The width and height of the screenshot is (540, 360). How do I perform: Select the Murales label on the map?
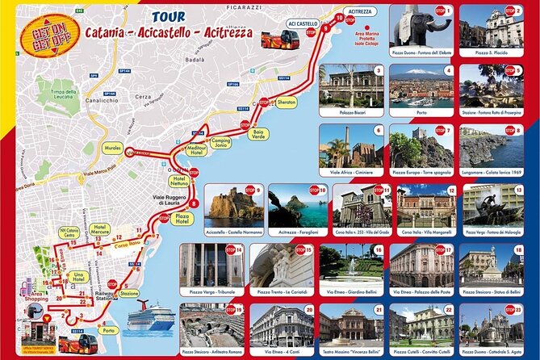point(113,148)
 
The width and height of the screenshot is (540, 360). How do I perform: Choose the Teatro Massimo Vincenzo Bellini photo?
point(350,326)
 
